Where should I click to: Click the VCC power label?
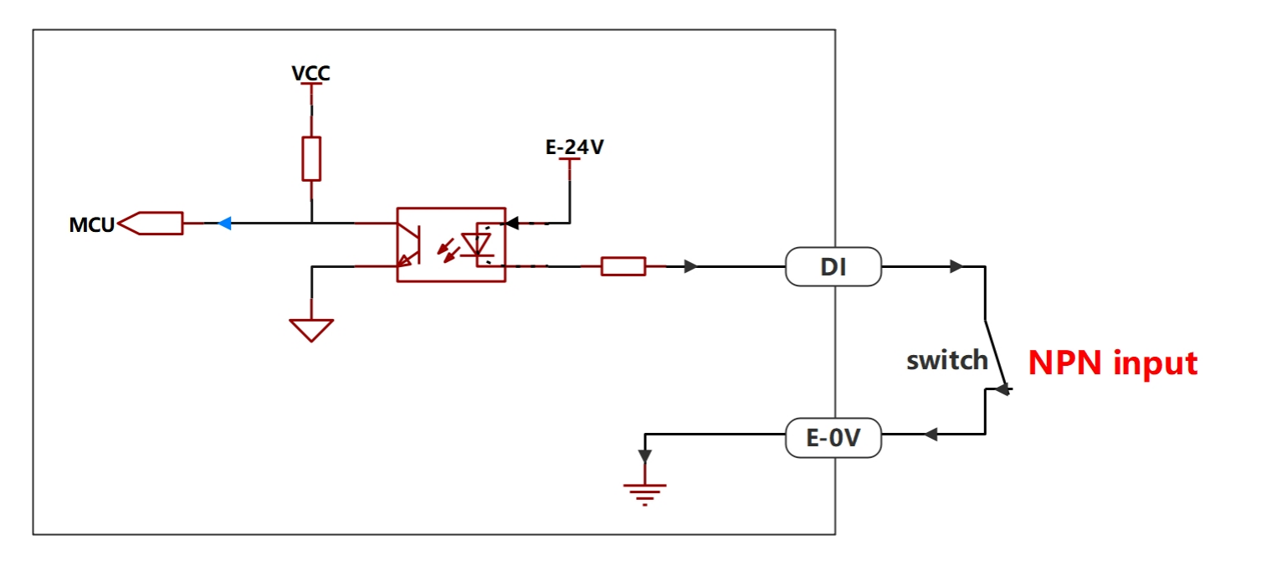click(x=310, y=74)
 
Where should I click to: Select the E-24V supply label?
click(x=574, y=147)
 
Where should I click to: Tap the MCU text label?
click(x=91, y=225)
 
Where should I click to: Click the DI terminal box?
click(x=833, y=267)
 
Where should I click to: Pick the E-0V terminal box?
click(x=833, y=438)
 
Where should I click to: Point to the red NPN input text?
click(x=1113, y=363)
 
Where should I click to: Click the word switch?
click(x=947, y=361)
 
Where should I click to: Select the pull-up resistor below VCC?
click(x=311, y=158)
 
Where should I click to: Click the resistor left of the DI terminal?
click(x=623, y=267)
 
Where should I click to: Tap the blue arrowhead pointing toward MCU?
click(x=225, y=224)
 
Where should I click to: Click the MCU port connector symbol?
click(x=151, y=224)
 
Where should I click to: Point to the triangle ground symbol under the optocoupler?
click(x=311, y=330)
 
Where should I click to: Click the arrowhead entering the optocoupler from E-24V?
click(x=512, y=224)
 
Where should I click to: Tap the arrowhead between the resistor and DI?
click(x=691, y=267)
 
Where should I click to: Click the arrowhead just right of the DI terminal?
click(x=956, y=267)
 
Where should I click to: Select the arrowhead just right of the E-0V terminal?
click(x=931, y=435)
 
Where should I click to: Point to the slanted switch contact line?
click(x=996, y=356)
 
